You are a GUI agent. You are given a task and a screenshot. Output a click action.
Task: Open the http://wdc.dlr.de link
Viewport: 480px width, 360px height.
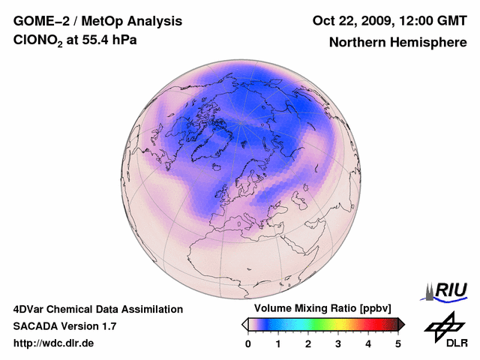click(x=54, y=343)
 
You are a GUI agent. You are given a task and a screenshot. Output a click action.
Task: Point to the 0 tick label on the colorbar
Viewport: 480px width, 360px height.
click(x=248, y=343)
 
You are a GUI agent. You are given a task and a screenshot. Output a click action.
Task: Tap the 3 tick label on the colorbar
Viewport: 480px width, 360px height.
click(x=338, y=343)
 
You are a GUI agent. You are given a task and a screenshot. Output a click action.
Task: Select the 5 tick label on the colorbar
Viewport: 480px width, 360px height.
click(x=398, y=343)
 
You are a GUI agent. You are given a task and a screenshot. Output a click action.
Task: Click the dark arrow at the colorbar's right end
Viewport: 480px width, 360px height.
click(x=401, y=324)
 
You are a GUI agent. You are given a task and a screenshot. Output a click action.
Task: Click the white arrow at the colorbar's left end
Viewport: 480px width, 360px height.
click(x=244, y=324)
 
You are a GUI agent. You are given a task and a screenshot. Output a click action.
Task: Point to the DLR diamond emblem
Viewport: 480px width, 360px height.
click(x=442, y=324)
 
